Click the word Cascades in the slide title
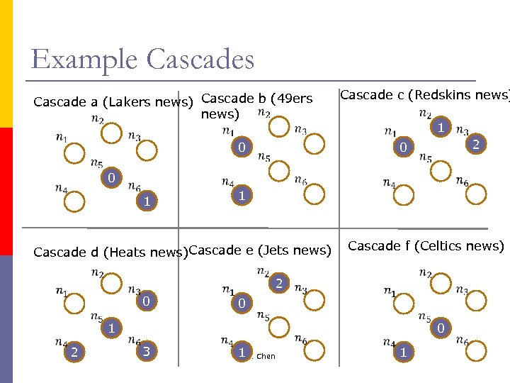tap(200, 59)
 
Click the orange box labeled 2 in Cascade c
tap(476, 145)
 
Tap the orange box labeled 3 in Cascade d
tap(145, 350)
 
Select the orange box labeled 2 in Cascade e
tap(279, 284)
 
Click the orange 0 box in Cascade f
tap(440, 328)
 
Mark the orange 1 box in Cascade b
tap(242, 194)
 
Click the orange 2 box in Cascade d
tap(72, 351)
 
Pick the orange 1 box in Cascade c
tap(440, 128)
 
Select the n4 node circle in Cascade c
tap(404, 195)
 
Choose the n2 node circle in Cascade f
tap(440, 284)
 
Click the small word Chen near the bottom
tap(266, 357)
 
